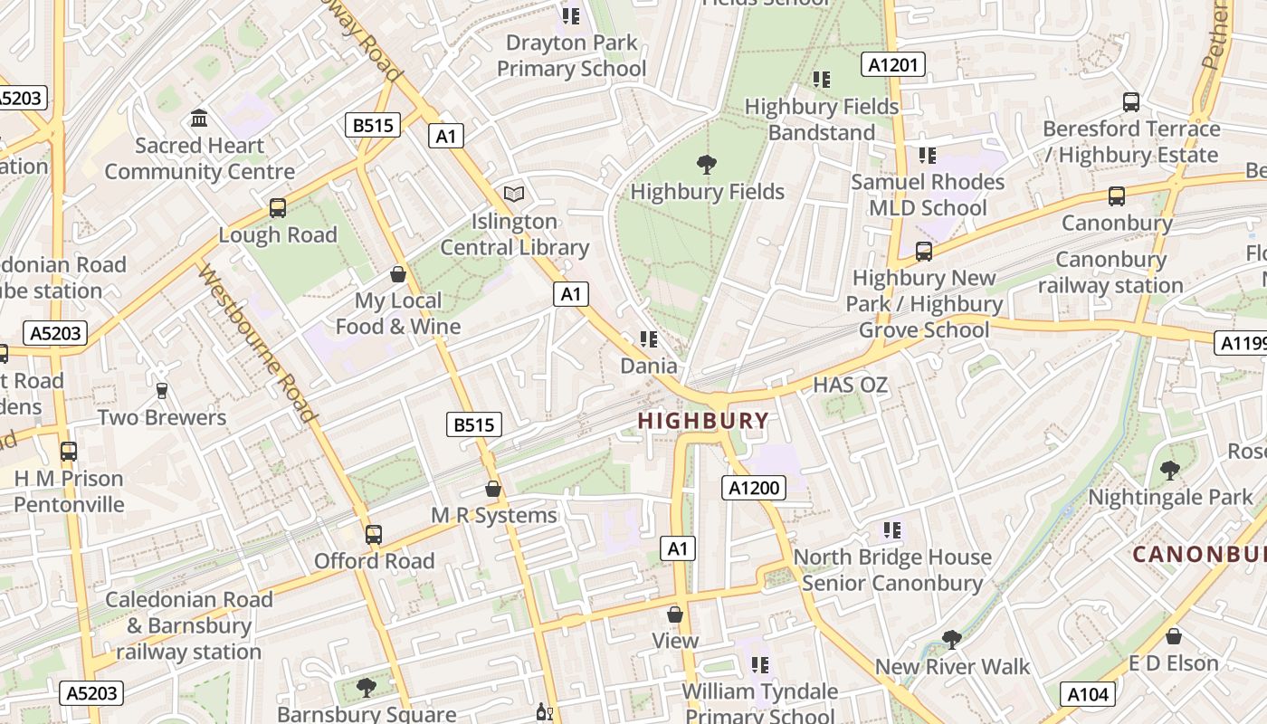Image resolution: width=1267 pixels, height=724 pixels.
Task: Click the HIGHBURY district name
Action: click(x=703, y=421)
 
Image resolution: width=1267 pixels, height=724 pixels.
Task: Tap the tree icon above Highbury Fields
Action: click(x=707, y=165)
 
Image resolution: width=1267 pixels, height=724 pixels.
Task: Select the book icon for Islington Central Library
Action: click(x=514, y=194)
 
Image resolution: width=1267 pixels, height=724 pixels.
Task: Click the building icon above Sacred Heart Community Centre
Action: click(x=199, y=119)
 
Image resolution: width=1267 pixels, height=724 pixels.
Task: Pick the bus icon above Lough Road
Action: click(x=278, y=208)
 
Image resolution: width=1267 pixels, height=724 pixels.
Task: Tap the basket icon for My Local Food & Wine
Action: click(x=397, y=274)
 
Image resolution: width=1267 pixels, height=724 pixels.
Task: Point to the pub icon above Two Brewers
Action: click(x=162, y=391)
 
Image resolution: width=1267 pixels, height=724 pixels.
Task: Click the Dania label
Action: click(x=648, y=366)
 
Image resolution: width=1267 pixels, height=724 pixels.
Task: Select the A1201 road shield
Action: click(x=892, y=64)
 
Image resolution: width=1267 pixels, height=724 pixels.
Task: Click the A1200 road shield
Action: click(x=754, y=489)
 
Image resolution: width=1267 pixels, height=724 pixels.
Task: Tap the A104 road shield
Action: click(x=1088, y=694)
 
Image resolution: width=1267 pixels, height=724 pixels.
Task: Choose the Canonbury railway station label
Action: click(x=1110, y=272)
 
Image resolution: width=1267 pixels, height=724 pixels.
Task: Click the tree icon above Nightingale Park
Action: click(x=1170, y=471)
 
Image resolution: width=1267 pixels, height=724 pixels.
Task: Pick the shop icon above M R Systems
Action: click(x=493, y=489)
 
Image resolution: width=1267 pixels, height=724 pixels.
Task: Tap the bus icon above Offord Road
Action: click(x=374, y=535)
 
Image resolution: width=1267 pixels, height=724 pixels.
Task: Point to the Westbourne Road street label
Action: click(x=258, y=344)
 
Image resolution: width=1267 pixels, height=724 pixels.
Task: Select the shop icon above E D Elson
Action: click(x=1174, y=637)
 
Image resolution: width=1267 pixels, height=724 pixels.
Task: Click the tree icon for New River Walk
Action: click(x=951, y=640)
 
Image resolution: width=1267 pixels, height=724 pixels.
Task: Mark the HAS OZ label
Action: click(x=850, y=385)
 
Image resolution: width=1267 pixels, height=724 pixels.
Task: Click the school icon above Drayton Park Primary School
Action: click(x=571, y=16)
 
